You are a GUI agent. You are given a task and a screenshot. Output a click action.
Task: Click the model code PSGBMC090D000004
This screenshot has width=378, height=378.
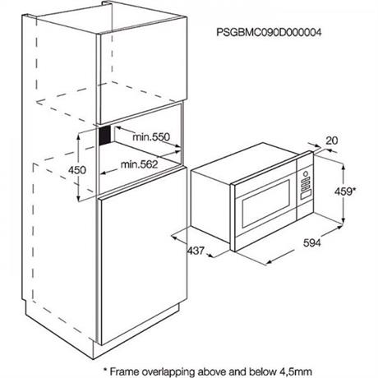(269, 32)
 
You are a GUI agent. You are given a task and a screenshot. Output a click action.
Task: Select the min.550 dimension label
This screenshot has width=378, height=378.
(151, 136)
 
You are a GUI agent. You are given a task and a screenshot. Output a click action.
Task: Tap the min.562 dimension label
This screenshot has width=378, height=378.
(140, 164)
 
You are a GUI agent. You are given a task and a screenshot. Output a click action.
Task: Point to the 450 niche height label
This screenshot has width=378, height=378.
(77, 170)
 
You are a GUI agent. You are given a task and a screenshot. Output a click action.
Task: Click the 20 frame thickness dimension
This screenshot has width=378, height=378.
(332, 141)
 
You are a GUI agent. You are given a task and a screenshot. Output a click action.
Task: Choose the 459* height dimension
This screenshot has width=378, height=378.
(345, 191)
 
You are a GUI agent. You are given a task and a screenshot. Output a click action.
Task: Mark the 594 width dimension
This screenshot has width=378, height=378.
(311, 242)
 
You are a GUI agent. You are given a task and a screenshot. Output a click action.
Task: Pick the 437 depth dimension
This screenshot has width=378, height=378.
(196, 251)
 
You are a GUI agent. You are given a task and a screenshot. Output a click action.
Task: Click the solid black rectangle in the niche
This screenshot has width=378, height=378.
(105, 135)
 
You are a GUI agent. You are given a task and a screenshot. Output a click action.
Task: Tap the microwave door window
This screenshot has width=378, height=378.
(266, 204)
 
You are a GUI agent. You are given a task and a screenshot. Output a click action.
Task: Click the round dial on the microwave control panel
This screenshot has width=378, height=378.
(305, 173)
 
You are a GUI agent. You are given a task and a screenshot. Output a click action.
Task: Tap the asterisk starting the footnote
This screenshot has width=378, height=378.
(105, 370)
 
